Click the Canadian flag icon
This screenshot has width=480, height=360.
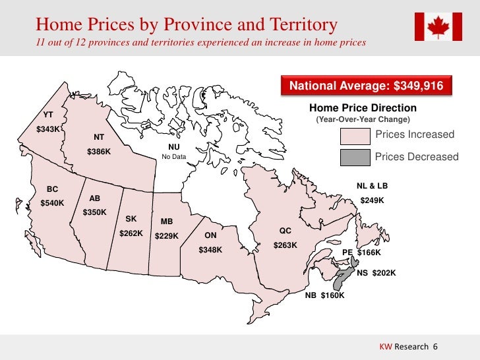pos(438,26)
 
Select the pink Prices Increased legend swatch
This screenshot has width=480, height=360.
pos(354,136)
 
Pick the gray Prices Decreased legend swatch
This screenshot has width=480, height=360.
pos(354,158)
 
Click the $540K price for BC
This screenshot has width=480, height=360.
pos(52,203)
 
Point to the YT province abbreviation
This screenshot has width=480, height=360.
pos(48,115)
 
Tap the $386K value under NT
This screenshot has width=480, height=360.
pos(99,152)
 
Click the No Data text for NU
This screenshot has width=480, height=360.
pos(174,156)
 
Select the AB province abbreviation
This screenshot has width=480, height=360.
pos(94,198)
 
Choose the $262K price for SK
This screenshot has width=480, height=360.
pos(131,233)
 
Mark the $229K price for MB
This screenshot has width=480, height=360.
pos(167,236)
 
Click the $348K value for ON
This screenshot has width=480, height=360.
pos(210,250)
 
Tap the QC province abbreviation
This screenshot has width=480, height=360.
pos(285,231)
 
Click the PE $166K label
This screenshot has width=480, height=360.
pos(361,253)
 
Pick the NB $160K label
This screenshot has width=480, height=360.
pos(324,295)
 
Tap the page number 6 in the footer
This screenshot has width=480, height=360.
pos(435,347)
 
